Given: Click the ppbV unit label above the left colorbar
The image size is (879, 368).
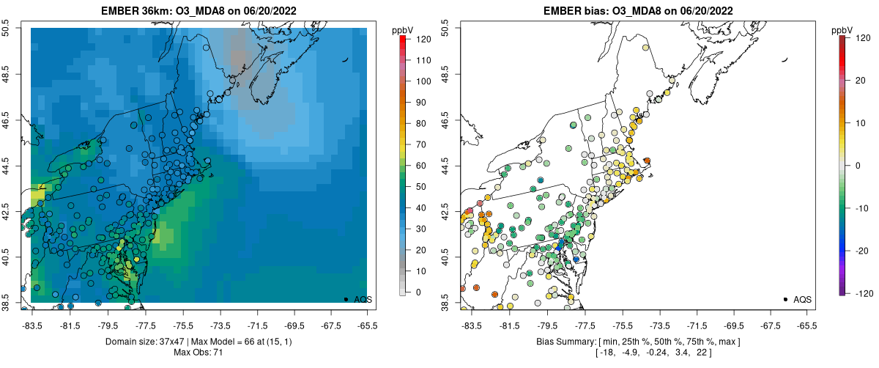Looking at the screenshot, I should pos(403,29).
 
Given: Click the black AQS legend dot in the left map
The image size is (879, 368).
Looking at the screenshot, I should pos(345,299).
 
